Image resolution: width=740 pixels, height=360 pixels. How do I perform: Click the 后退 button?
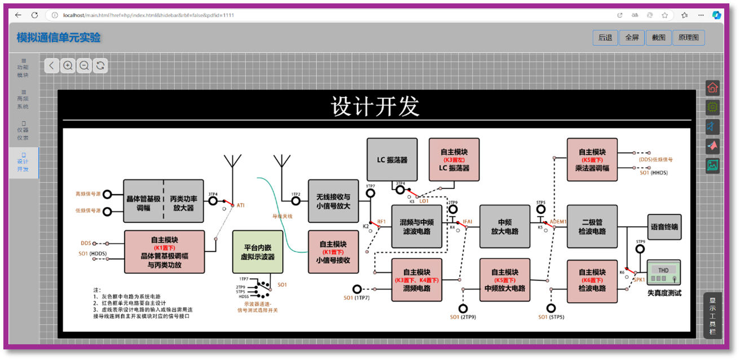pos(605,38)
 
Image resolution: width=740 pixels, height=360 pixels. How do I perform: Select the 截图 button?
pos(658,38)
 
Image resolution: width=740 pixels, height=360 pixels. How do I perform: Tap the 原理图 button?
pos(689,38)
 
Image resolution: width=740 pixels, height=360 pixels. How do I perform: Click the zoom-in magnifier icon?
pos(68,65)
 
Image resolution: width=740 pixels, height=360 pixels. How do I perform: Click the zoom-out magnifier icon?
pos(84,65)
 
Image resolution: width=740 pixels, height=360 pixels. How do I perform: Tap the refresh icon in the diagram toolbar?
pos(100,65)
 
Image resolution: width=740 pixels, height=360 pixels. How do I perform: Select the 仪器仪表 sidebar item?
pos(23,131)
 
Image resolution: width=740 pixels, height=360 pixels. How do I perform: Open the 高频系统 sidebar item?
pos(23,99)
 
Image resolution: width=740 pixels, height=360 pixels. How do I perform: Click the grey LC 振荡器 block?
pos(392,160)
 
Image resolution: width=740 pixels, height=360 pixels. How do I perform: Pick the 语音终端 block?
pos(664,227)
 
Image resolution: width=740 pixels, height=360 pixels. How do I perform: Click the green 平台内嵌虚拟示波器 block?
pos(258,252)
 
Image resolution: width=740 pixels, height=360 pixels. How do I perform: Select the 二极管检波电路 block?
pos(592,227)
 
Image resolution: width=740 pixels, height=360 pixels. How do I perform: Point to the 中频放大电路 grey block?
pos(505,227)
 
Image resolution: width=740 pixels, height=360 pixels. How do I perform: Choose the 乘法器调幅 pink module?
pos(592,160)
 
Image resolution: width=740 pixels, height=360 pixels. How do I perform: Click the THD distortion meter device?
pos(663,273)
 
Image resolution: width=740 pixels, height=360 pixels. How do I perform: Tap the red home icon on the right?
pos(713,87)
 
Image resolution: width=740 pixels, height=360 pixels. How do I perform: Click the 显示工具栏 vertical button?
pos(713,316)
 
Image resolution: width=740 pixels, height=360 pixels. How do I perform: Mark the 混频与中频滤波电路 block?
pos(417,227)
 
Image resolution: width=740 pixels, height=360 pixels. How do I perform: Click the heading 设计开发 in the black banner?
pos(376,106)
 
